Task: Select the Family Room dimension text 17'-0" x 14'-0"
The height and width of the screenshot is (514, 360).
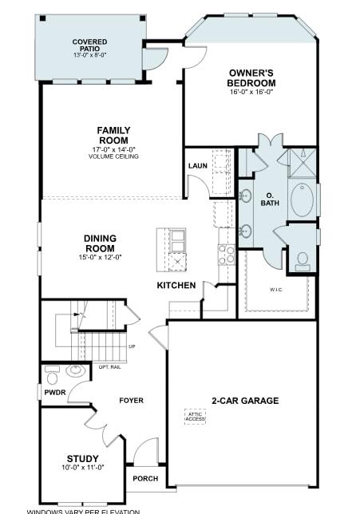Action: [113, 149]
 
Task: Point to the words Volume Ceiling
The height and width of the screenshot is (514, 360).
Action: [113, 156]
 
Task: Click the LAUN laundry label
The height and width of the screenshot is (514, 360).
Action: [198, 166]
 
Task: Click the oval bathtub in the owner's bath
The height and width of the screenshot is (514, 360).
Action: [302, 200]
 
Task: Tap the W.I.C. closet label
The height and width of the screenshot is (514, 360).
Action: [276, 290]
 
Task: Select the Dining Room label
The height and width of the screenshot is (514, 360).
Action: [100, 243]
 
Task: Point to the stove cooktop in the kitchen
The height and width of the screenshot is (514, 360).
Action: [226, 255]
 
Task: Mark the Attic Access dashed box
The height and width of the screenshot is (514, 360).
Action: [196, 417]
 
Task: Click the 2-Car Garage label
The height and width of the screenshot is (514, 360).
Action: [245, 401]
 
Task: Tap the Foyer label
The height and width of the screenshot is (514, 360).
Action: [131, 401]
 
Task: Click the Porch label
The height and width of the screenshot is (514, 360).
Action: [145, 479]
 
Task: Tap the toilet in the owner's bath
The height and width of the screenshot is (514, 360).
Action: [303, 259]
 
